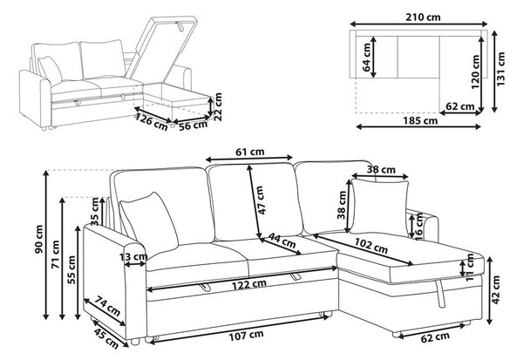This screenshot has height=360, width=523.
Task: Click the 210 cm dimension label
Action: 423,17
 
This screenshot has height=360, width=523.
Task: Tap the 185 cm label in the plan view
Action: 420,120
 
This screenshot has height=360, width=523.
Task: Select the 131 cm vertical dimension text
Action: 501,69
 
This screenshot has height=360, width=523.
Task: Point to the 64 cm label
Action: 367,58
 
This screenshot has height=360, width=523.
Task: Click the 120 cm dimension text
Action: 476,72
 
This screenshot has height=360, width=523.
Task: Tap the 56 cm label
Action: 194,126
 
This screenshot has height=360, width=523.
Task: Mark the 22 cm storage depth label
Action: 217,106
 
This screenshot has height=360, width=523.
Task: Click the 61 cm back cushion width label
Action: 250,152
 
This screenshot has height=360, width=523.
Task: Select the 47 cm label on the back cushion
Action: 261,200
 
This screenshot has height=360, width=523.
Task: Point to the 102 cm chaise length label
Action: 371,246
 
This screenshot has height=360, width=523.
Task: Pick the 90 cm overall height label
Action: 38,239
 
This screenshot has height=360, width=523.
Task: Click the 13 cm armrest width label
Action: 133,256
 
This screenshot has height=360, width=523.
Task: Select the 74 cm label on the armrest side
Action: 107,306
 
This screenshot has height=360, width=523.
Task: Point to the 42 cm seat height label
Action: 496,289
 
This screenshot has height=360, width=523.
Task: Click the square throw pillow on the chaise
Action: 379,207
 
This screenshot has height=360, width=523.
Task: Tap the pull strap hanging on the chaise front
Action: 440,294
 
